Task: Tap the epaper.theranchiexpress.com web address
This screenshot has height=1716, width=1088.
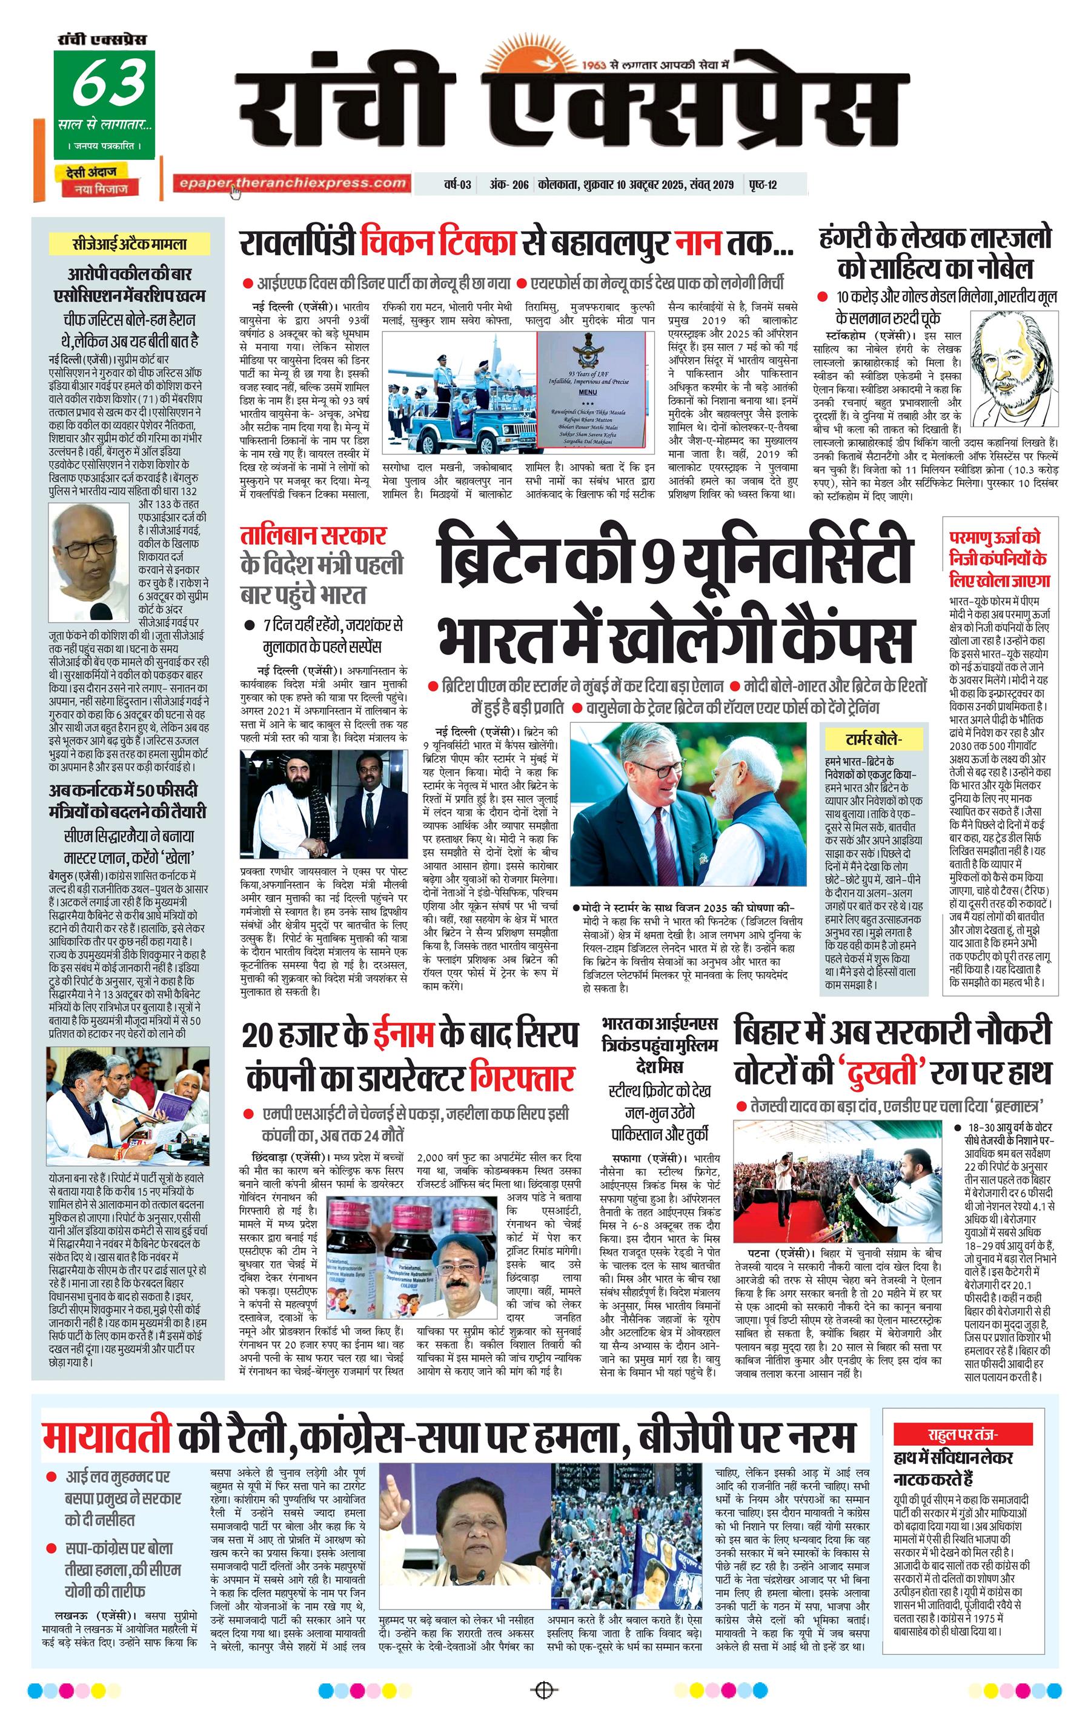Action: click(292, 183)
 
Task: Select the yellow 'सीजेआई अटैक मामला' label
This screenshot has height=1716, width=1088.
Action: click(129, 244)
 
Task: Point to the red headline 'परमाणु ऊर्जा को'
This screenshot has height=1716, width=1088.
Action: click(995, 537)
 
